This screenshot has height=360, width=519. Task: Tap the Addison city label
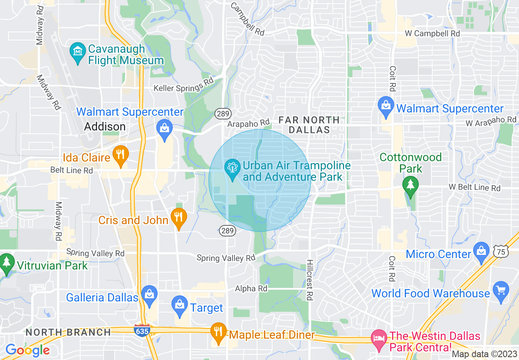pyautogui.click(x=105, y=127)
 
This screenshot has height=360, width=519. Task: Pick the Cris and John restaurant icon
pyautogui.click(x=178, y=217)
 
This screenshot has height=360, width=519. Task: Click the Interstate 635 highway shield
pyautogui.click(x=141, y=331)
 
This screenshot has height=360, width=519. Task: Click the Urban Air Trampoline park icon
pyautogui.click(x=232, y=169)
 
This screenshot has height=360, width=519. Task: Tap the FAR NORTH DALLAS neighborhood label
pyautogui.click(x=309, y=125)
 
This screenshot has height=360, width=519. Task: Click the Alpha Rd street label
pyautogui.click(x=251, y=289)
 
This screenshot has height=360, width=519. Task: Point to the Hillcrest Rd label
pyautogui.click(x=310, y=280)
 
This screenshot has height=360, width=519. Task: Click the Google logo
pyautogui.click(x=27, y=350)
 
